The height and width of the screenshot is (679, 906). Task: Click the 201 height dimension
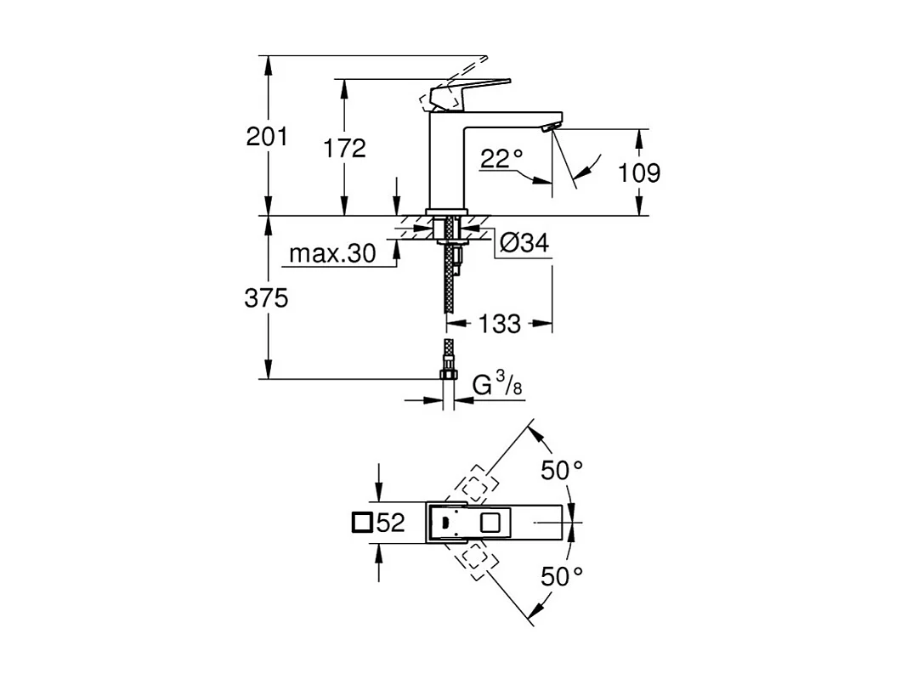coord(267,136)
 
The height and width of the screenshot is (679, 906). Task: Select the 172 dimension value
coord(344,148)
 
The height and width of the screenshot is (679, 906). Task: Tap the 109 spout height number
coord(639,173)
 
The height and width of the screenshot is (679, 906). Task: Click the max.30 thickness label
coord(332,254)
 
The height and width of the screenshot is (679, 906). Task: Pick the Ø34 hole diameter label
coord(523,244)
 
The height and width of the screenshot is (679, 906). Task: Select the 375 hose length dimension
coord(267,298)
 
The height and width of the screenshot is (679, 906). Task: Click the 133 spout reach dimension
coord(500,324)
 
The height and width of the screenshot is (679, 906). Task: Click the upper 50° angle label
coord(563,470)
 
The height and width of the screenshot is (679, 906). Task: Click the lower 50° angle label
coord(563,576)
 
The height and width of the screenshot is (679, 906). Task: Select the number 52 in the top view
coord(391,523)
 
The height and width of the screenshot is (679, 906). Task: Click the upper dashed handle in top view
coord(475,484)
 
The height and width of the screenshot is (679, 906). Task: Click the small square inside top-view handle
coord(491,522)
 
